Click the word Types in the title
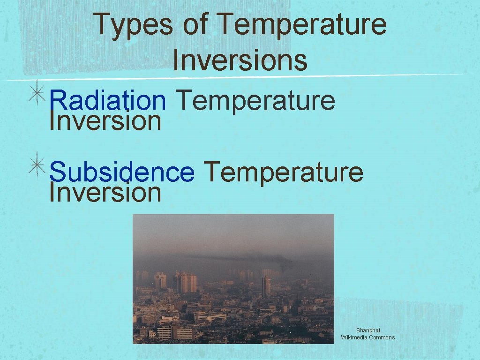(x=133, y=25)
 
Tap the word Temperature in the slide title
(x=302, y=25)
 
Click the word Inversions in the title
(x=240, y=60)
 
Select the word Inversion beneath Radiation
(x=105, y=121)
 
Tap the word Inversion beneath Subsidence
(x=105, y=193)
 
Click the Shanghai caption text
(x=368, y=330)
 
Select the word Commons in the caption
(x=383, y=337)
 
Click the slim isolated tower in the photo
(x=266, y=285)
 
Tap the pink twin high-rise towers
(x=188, y=283)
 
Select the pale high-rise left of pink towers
(x=160, y=280)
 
